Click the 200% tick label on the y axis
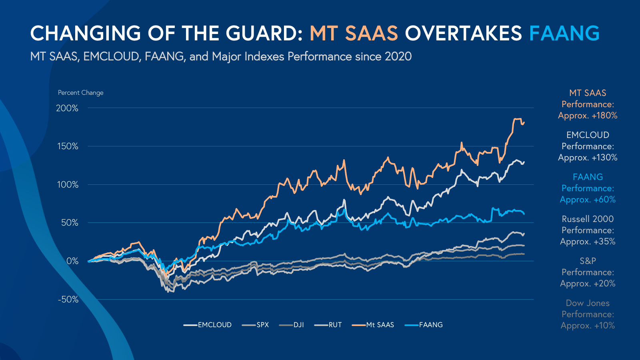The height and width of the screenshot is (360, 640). [x=67, y=108]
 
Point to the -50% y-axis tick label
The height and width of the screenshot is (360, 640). [x=68, y=300]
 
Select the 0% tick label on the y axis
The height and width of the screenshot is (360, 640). [x=72, y=261]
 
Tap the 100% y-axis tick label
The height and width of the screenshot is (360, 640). [x=68, y=185]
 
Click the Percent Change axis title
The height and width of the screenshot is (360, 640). [x=81, y=93]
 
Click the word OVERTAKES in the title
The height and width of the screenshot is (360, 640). [x=463, y=33]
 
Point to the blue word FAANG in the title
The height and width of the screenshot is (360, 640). [x=564, y=33]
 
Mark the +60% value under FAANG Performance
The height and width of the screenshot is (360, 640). [x=604, y=200]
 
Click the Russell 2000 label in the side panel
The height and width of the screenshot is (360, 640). [x=588, y=219]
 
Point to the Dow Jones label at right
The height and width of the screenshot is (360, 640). [x=588, y=303]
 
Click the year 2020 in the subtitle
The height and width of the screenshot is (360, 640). [x=398, y=56]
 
